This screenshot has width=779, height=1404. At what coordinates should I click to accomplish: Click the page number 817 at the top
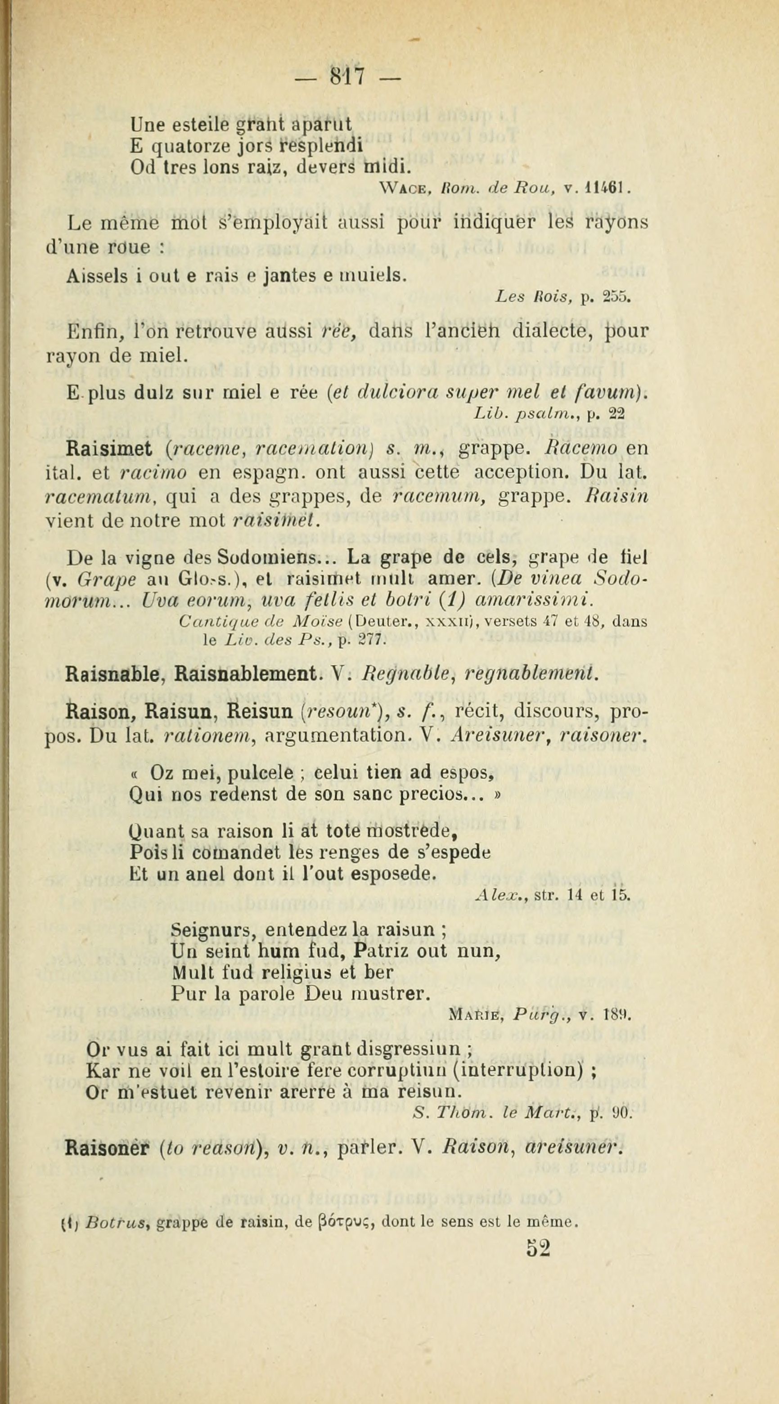click(x=348, y=76)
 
